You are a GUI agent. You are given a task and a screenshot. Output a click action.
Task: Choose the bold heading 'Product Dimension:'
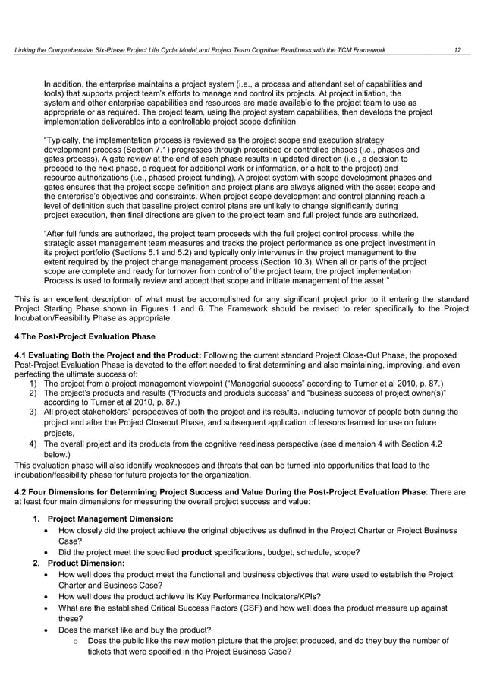(86, 563)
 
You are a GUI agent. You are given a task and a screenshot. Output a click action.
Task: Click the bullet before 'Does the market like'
(49, 629)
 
